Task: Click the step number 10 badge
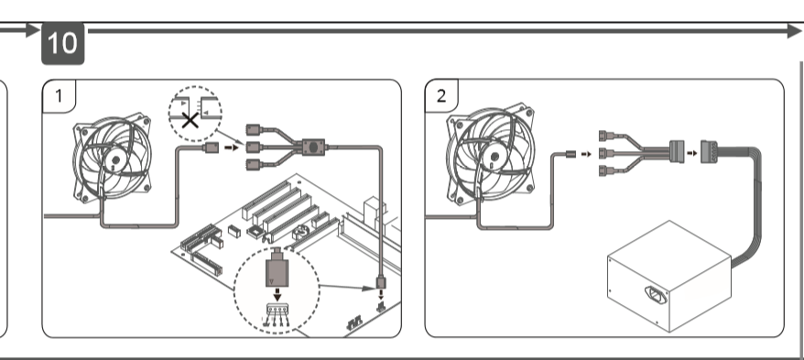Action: [x=62, y=43]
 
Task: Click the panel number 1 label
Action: [x=59, y=96]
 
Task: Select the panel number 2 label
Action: [x=441, y=96]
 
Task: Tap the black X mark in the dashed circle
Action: [x=190, y=121]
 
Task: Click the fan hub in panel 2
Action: [x=494, y=159]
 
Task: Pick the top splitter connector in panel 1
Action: [x=255, y=129]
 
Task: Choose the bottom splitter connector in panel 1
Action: [x=255, y=165]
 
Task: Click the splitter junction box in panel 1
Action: [x=313, y=147]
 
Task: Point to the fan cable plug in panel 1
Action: [x=212, y=147]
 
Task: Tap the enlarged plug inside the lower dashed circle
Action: [x=277, y=268]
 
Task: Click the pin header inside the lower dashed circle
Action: [x=277, y=311]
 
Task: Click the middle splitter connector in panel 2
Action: [x=606, y=153]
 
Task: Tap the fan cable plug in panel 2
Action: [x=570, y=154]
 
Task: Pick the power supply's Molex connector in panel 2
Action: [x=709, y=153]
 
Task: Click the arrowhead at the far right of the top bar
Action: [x=794, y=31]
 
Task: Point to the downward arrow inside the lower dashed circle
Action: [x=277, y=295]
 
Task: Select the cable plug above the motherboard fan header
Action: [x=381, y=282]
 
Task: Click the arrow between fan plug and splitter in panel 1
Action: [x=233, y=147]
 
